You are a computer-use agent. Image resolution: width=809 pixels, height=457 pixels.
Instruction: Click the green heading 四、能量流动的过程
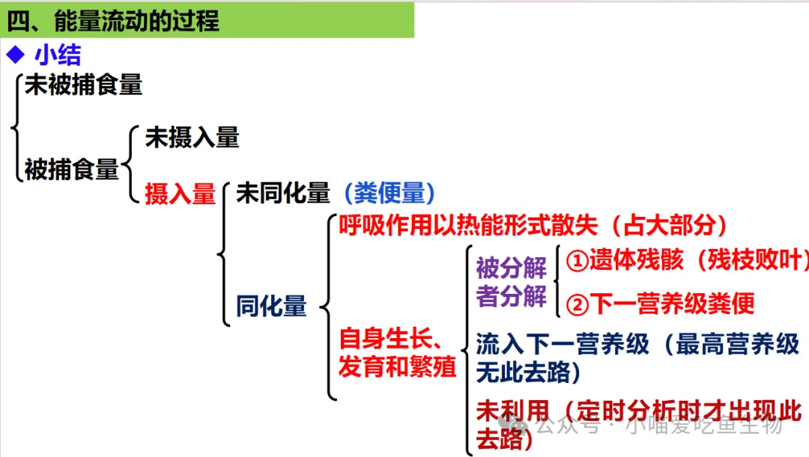(113, 20)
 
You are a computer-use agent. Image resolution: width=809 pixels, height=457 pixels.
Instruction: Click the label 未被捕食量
(83, 85)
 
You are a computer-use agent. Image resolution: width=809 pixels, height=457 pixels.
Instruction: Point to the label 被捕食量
(71, 170)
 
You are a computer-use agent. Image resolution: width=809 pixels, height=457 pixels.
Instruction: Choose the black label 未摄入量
(192, 137)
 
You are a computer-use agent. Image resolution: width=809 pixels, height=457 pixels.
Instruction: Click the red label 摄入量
(180, 194)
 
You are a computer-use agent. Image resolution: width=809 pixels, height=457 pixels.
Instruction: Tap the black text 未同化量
(282, 194)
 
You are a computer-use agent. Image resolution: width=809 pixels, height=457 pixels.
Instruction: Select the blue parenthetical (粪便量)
(390, 194)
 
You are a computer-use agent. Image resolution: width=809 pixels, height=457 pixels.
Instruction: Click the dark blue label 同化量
(271, 307)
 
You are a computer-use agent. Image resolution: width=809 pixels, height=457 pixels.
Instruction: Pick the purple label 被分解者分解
(511, 282)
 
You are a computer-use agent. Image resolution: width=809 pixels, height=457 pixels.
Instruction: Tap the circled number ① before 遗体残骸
(577, 260)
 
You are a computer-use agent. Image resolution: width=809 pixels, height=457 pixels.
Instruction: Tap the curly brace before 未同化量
(224, 254)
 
